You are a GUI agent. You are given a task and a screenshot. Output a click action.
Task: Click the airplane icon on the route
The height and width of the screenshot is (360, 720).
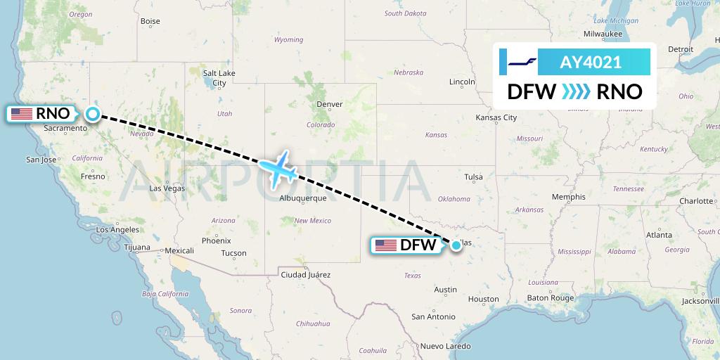279,169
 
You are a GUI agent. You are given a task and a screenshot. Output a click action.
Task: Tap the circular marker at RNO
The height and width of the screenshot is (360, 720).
92,113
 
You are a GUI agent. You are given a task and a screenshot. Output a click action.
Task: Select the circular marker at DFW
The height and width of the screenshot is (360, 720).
457,245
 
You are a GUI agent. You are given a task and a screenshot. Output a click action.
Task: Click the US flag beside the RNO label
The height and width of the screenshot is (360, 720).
21,113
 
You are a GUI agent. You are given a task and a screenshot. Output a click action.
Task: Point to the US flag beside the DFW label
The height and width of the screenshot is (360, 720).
386,245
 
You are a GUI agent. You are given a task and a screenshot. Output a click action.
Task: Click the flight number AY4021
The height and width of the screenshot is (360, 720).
590,62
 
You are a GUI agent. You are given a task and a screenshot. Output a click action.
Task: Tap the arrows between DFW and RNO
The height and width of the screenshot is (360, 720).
577,91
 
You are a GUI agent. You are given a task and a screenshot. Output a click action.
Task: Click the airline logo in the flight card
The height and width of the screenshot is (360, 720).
522,62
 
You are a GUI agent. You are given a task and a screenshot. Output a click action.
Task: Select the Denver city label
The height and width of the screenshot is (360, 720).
330,104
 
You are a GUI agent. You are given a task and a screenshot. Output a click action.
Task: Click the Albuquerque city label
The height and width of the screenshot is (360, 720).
303,198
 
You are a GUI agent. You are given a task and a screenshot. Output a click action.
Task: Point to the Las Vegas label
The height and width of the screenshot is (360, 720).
167,188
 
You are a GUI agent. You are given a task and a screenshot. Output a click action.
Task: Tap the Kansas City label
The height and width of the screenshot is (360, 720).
496,117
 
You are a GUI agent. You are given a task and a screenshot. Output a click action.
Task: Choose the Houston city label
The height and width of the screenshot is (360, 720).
482,300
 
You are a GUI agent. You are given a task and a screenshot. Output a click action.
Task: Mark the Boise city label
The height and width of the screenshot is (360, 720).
150,21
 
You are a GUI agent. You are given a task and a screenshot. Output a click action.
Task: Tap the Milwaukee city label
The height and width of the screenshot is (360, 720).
603,33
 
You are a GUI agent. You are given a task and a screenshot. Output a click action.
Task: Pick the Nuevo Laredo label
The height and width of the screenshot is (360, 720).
446,346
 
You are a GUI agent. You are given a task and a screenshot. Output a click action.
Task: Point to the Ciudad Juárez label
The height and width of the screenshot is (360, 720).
305,275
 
